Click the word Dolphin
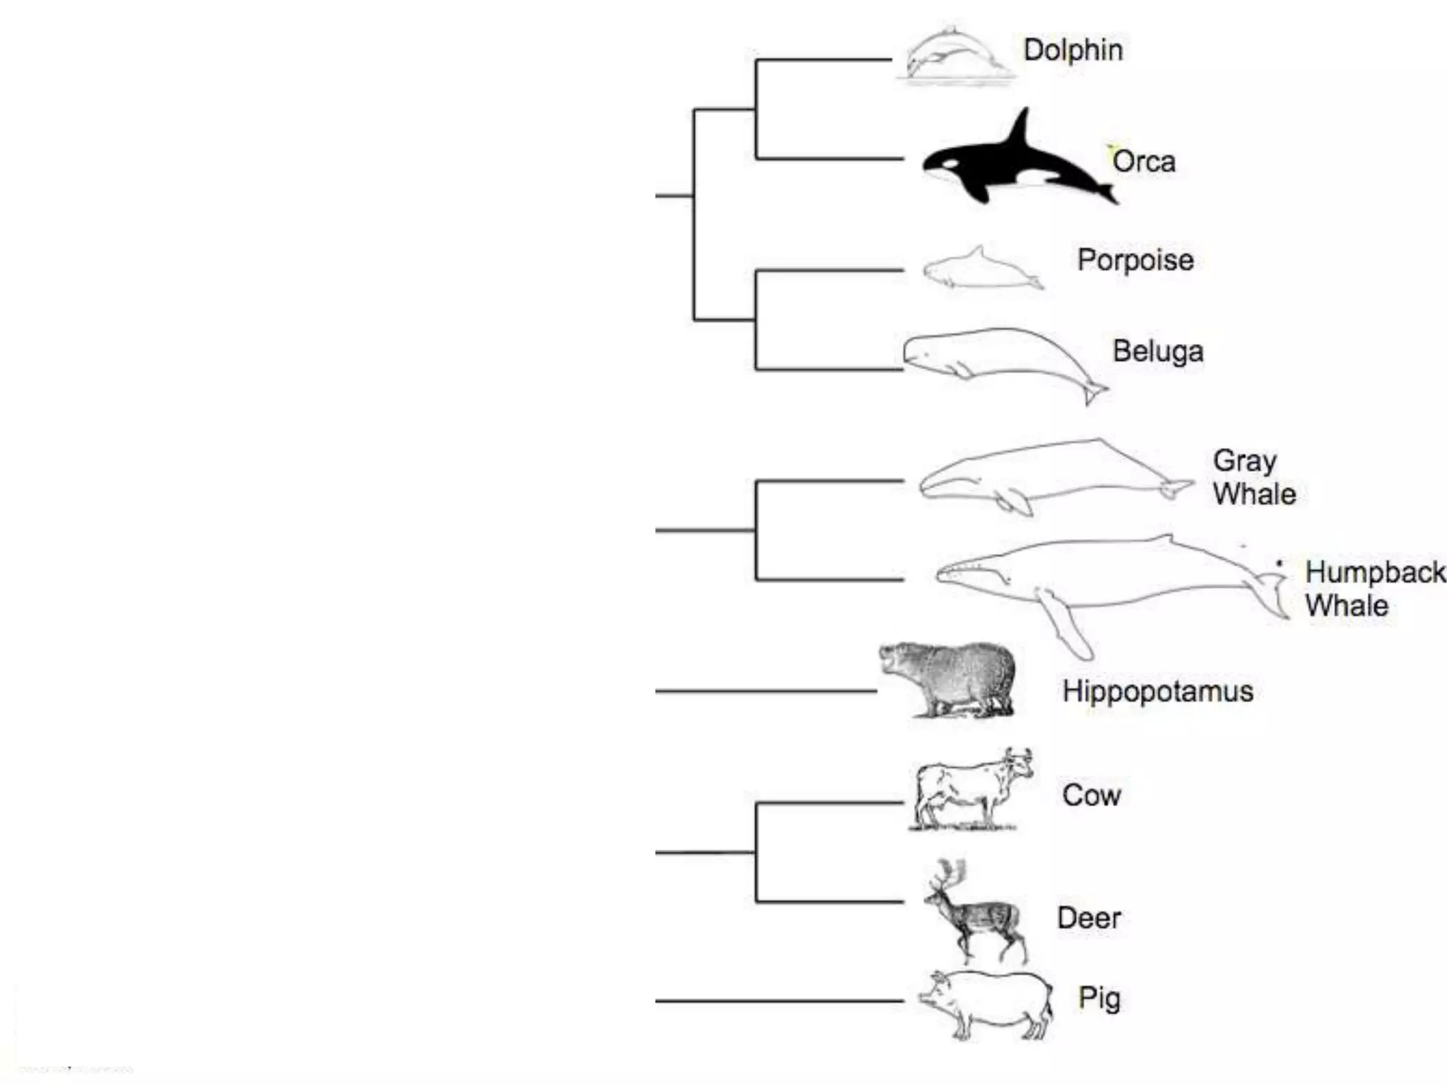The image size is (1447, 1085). click(x=1073, y=50)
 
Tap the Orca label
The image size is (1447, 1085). click(x=1144, y=162)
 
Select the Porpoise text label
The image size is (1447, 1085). click(x=1135, y=260)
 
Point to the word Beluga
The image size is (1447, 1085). click(x=1157, y=351)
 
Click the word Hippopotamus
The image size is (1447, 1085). click(x=1157, y=691)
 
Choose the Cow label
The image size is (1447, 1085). click(x=1091, y=795)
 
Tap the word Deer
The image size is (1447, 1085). click(x=1088, y=918)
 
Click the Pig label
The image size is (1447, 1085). click(x=1099, y=998)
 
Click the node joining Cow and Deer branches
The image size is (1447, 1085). click(x=756, y=853)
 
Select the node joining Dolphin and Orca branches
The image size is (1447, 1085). click(x=756, y=109)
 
